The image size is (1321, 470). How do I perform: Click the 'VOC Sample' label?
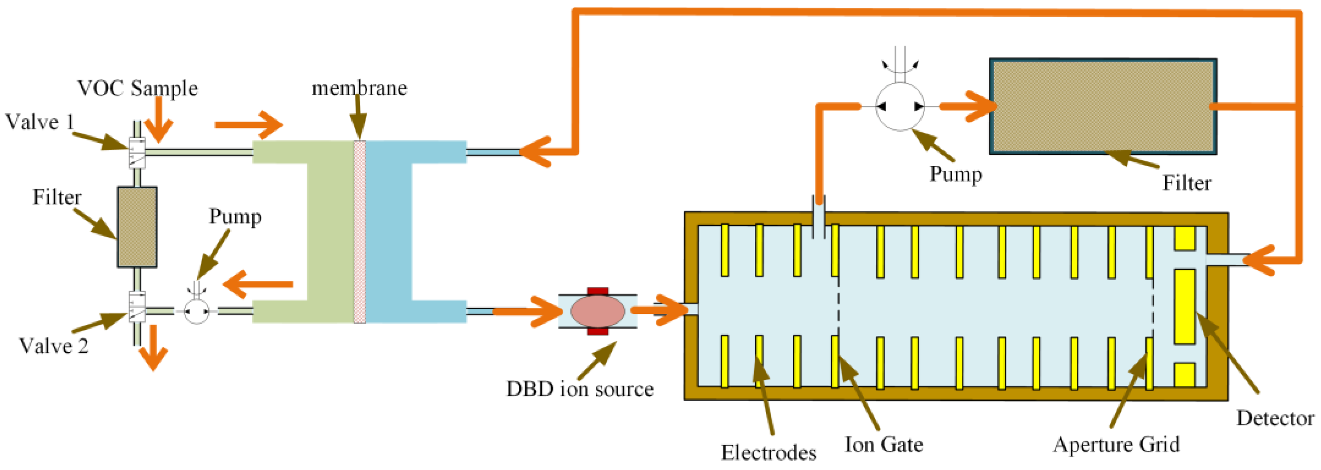coord(137,88)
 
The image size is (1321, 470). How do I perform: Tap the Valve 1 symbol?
coord(137,152)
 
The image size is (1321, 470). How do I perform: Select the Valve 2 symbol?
coord(137,306)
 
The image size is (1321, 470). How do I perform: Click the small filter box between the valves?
coord(137,227)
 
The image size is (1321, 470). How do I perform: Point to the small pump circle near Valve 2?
coord(196,311)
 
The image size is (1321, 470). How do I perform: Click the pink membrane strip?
coord(359,232)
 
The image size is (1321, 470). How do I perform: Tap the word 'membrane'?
coord(359,88)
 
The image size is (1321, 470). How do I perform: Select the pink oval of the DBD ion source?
coord(598,311)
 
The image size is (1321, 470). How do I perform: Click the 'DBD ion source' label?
coord(580,389)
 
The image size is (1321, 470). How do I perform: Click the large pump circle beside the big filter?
coord(900,106)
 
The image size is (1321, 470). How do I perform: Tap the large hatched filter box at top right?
coord(1103,106)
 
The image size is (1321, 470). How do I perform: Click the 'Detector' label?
coord(1275,418)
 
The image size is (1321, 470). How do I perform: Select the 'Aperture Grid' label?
coord(1116,444)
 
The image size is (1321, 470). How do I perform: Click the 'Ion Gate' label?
coord(884,444)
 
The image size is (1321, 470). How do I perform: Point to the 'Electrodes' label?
coord(769,452)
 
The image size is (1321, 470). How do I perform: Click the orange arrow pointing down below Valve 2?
coord(153,355)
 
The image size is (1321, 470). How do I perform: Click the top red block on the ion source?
coord(598,291)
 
